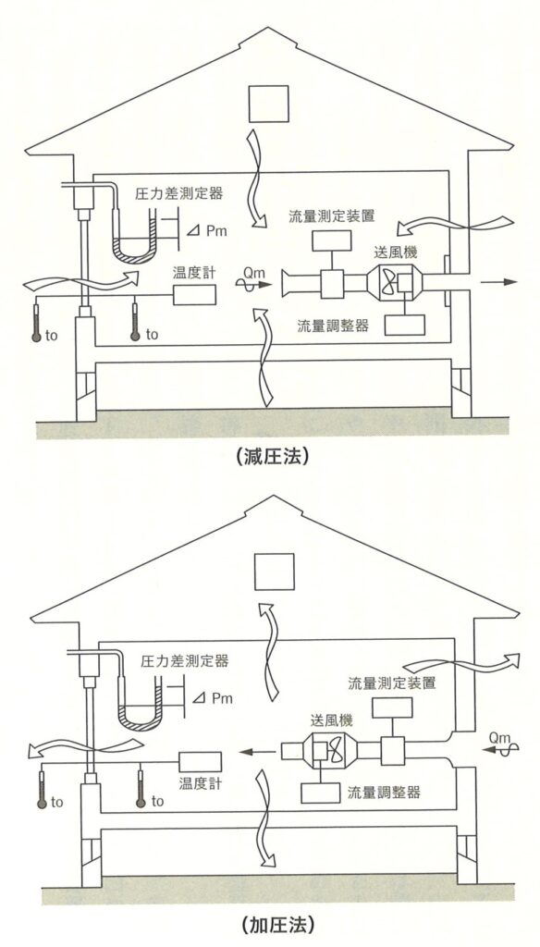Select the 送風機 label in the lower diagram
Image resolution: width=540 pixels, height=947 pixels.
click(332, 719)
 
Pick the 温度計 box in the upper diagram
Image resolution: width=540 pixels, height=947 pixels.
click(194, 294)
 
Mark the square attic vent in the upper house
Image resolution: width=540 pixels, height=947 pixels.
click(268, 104)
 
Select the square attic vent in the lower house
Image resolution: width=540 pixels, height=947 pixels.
click(274, 572)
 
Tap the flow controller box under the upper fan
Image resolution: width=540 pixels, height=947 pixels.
click(405, 325)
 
